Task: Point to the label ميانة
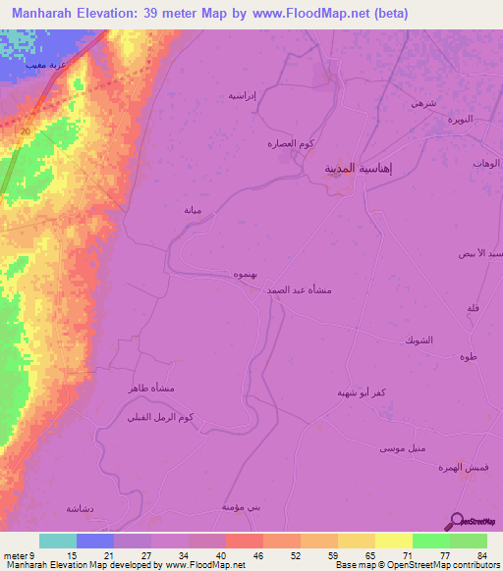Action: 193,210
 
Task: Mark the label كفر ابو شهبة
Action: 365,392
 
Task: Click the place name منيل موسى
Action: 401,448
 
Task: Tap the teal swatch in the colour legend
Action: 58,541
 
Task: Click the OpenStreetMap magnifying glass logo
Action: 454,521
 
